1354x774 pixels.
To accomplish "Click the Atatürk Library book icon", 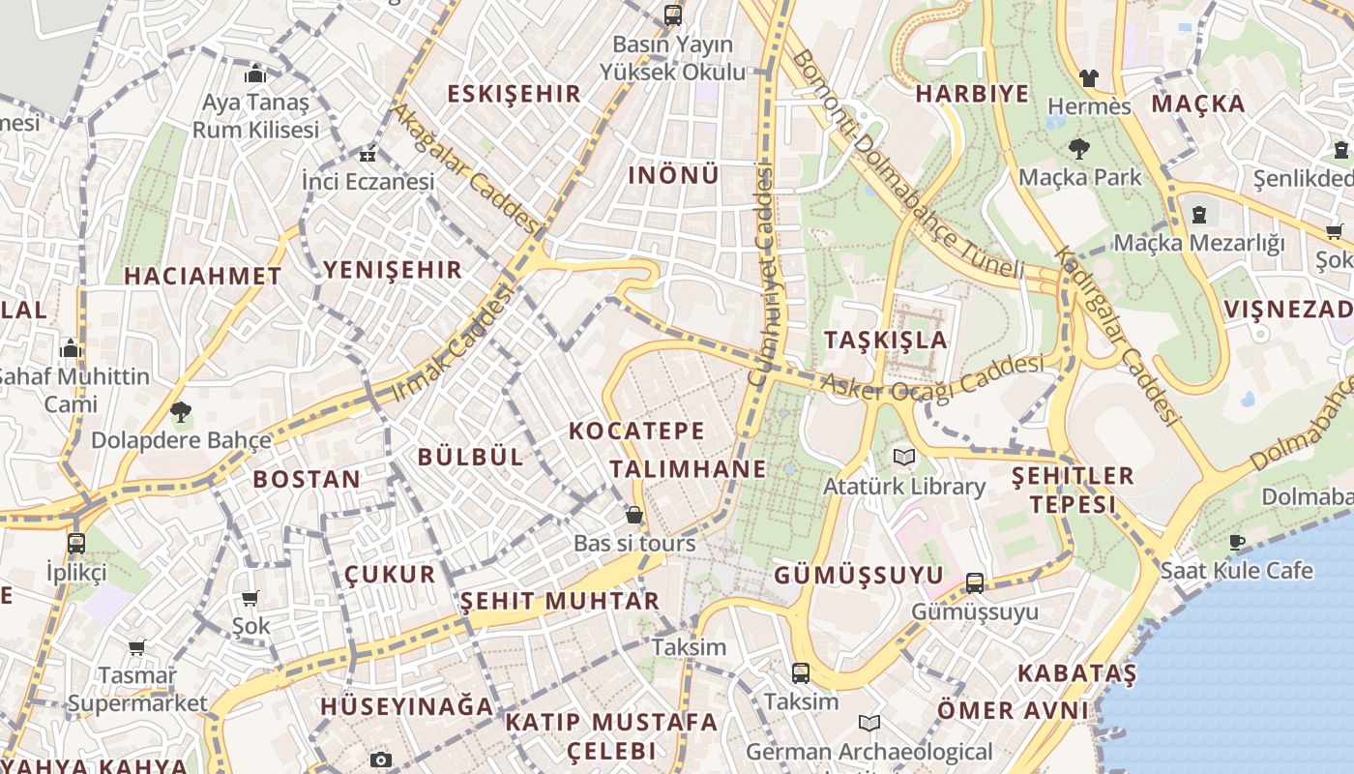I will (x=904, y=457).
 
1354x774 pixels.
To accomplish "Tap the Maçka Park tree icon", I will (x=1079, y=149).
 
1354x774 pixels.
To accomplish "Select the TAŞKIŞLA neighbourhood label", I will (x=886, y=340).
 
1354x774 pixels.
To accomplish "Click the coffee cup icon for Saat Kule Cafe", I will (x=1236, y=542).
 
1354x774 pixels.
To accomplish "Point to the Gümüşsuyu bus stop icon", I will (x=975, y=583).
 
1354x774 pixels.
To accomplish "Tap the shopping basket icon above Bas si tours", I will (x=634, y=515).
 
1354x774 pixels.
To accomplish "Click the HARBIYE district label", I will (x=972, y=94).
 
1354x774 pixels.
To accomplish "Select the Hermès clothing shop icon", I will (x=1089, y=77).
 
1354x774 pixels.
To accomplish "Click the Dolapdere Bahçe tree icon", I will (x=180, y=412).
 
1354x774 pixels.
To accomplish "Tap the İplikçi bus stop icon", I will (x=76, y=543).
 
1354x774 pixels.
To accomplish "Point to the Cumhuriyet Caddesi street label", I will (x=763, y=276).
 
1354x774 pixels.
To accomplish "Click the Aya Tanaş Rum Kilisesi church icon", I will (x=255, y=74).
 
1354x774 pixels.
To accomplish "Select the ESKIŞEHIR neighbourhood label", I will (x=514, y=94).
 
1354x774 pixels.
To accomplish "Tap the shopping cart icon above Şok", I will (x=250, y=599).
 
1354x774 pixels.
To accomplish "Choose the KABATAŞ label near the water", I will (x=1076, y=672).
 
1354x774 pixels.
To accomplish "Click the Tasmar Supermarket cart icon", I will (x=136, y=647).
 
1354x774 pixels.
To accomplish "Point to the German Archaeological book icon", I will (x=869, y=723).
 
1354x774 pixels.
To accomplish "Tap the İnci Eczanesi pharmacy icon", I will (x=368, y=154).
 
